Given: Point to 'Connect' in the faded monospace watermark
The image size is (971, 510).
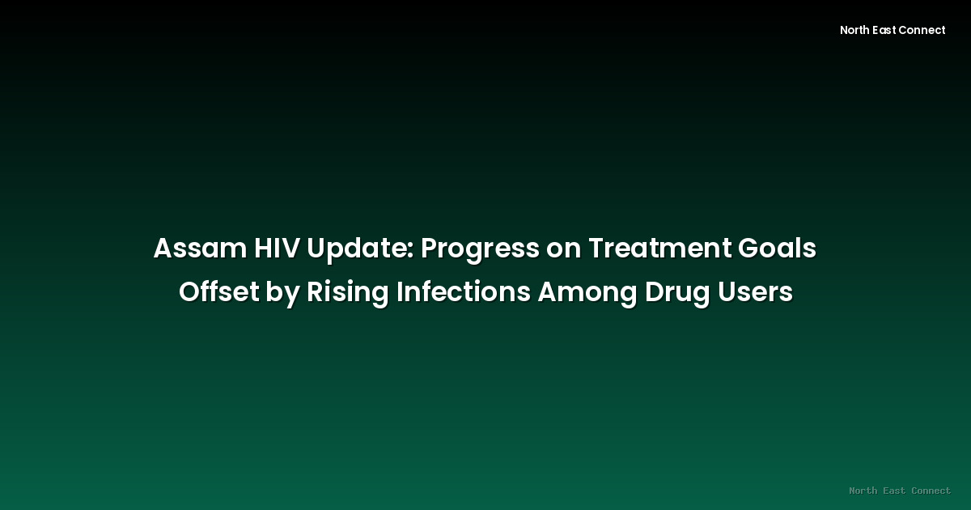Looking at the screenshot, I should pos(931,491).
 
